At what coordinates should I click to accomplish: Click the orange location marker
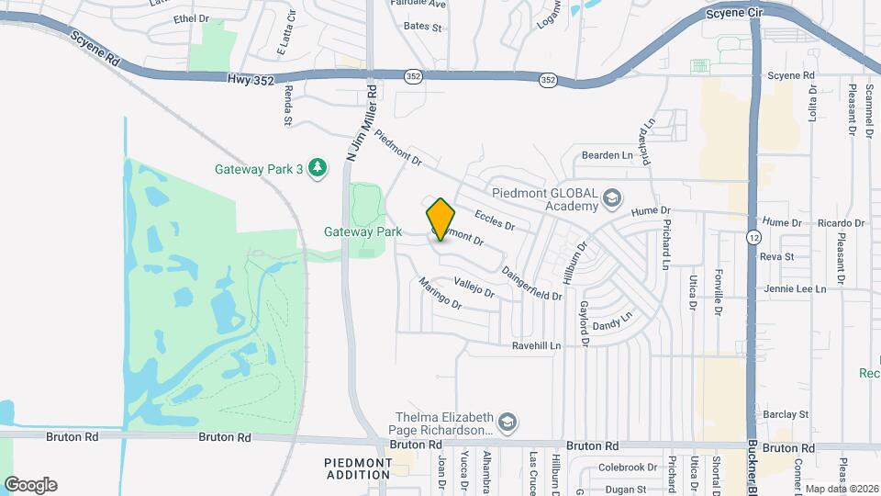pyautogui.click(x=440, y=220)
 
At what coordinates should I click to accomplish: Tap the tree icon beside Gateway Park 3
pyautogui.click(x=318, y=168)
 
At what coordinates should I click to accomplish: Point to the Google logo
pyautogui.click(x=30, y=485)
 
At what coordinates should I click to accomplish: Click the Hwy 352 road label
pyautogui.click(x=251, y=81)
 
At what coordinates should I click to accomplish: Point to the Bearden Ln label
pyautogui.click(x=608, y=155)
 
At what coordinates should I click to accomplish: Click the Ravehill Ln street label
pyautogui.click(x=549, y=346)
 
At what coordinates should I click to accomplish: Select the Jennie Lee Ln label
pyautogui.click(x=795, y=288)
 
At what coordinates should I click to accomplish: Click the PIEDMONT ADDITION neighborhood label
pyautogui.click(x=357, y=468)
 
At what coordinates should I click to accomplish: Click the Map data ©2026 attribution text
pyautogui.click(x=841, y=488)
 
